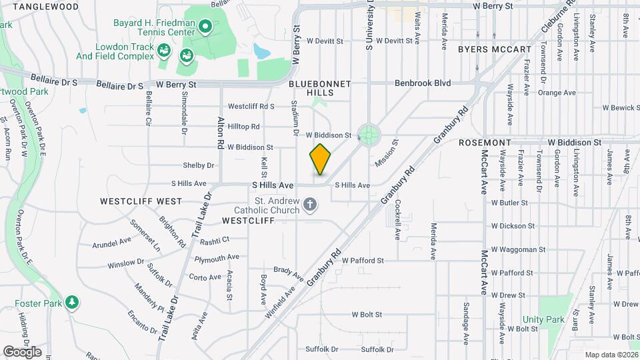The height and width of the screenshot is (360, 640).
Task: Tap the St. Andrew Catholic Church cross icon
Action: click(309, 205)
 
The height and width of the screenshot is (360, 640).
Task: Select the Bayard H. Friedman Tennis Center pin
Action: click(205, 27)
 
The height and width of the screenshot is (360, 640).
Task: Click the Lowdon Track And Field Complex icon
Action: click(164, 50)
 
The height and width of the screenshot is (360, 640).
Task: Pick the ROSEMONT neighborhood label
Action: click(485, 143)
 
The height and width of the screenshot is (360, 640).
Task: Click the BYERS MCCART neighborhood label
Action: click(495, 49)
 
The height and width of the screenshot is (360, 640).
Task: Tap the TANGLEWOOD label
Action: click(45, 7)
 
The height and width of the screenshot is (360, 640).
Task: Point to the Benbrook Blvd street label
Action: click(423, 83)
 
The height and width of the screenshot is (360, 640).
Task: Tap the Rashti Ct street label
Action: click(213, 241)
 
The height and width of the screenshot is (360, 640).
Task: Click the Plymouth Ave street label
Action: click(217, 257)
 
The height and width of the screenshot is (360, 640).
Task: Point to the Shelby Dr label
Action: click(199, 165)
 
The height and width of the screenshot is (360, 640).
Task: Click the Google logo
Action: click(22, 352)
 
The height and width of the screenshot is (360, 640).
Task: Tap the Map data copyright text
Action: click(610, 355)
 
